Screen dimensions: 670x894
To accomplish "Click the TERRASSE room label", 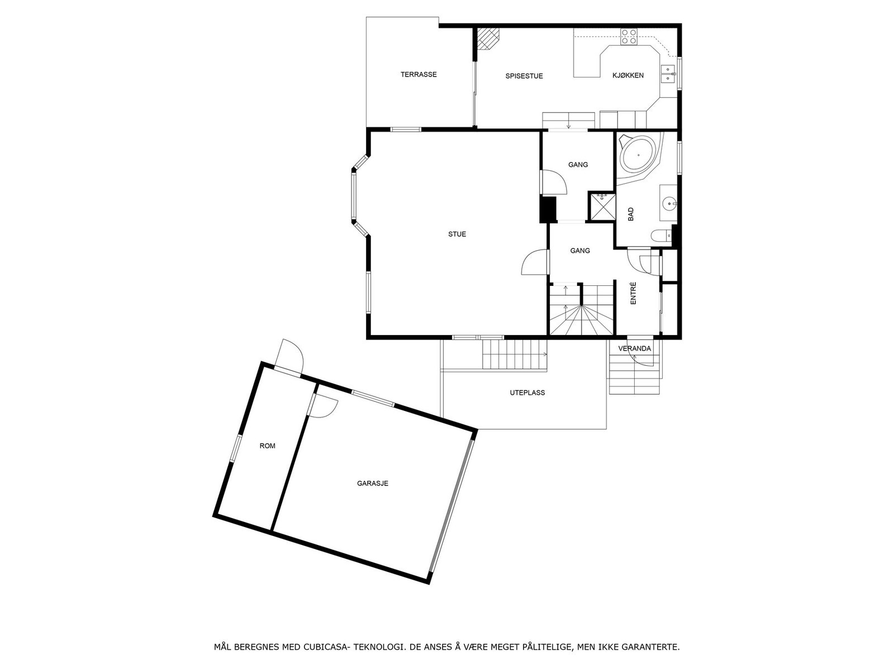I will pos(419,74).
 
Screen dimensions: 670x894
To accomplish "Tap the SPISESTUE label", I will pos(524,76).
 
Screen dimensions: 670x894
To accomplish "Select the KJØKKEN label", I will pos(628,75).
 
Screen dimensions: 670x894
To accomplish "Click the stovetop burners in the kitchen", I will pos(629,36).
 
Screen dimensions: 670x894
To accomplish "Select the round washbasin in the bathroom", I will pos(669,203).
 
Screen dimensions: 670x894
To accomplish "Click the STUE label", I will pos(457,234).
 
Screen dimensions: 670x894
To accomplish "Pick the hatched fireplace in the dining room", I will pos(489,39).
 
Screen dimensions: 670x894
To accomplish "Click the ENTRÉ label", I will pos(634,293).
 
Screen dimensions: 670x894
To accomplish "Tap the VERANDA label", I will pos(634,348).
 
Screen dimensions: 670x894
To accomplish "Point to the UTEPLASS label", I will pos(527,393).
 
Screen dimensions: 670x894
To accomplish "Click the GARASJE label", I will pos(373,484).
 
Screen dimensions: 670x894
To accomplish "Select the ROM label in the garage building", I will pos(268,446).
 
